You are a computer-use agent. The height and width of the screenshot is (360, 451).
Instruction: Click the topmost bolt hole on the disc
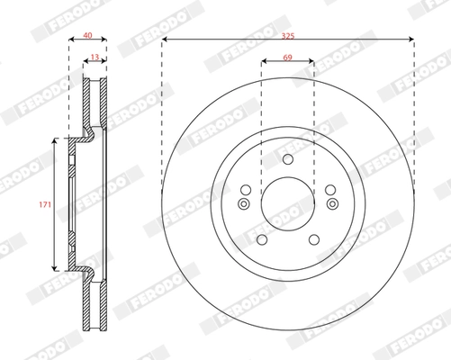coord(288,161)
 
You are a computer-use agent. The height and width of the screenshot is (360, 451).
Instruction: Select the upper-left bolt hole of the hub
coord(246,189)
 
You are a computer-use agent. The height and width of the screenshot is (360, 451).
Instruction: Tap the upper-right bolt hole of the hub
coord(329,189)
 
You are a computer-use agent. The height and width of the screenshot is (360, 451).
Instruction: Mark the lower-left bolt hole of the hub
coord(262,239)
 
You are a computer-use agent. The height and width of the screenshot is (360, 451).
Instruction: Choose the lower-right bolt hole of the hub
coord(313,239)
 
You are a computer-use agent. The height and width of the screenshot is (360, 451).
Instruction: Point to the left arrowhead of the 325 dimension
coord(166,40)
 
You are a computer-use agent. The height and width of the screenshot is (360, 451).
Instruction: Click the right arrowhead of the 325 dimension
coord(410,40)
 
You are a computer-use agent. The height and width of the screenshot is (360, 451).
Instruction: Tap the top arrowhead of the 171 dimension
coord(56,141)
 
